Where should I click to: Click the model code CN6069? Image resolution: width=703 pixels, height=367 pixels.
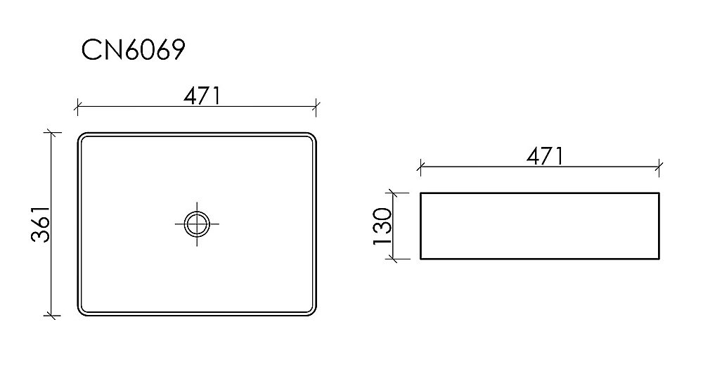133,51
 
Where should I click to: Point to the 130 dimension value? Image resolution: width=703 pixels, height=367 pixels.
382,226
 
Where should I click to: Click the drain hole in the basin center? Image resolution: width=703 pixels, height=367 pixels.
198,224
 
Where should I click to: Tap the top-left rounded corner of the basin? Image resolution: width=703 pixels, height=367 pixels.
81,136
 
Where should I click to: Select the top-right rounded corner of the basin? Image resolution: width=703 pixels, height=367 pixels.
313,136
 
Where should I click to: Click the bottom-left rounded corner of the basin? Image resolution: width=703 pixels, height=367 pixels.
81,311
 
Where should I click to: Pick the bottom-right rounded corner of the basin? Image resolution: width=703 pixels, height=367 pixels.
313,311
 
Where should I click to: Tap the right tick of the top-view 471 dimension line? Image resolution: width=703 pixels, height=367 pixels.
317,108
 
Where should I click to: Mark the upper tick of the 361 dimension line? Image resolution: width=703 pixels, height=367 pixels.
50,132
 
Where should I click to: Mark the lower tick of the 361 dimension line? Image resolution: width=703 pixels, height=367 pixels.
50,316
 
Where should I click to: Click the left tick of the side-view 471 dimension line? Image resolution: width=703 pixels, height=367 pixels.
420,167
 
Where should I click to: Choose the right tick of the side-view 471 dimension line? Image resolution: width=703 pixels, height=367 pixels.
659,167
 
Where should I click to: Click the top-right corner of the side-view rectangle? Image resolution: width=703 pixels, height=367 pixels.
659,192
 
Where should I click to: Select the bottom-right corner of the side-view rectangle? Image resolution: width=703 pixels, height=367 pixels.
659,259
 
